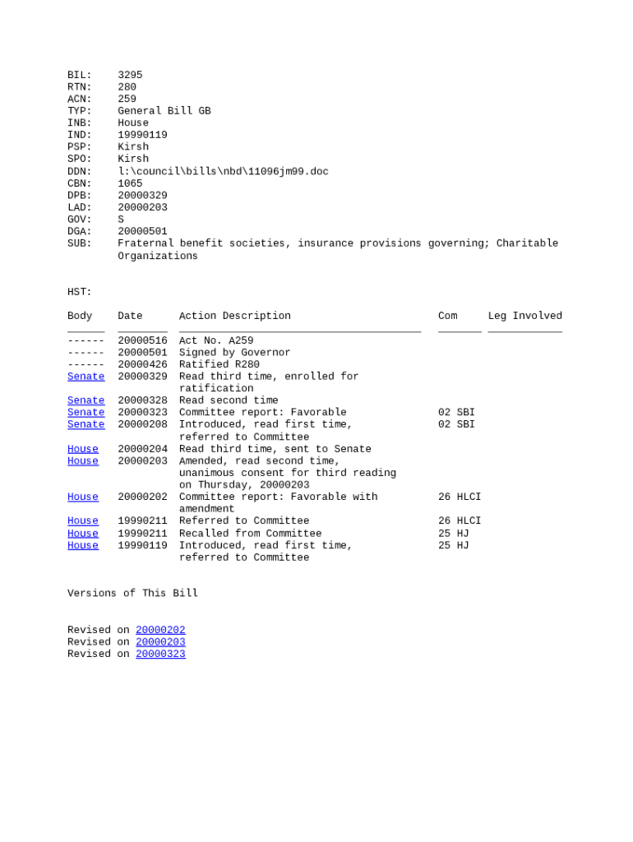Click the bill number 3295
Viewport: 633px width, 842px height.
[130, 75]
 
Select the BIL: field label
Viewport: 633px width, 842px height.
[79, 75]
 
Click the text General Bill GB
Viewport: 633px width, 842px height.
[164, 111]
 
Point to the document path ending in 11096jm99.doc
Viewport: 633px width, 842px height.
[223, 172]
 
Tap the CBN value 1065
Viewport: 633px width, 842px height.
[130, 183]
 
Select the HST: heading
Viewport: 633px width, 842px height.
[79, 292]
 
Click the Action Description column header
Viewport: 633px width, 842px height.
[234, 316]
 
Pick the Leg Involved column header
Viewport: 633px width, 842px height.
[524, 316]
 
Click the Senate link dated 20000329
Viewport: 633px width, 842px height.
[85, 377]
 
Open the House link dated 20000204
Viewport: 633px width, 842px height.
[82, 449]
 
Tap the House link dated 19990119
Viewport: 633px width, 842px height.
[82, 545]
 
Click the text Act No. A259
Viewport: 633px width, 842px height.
[216, 340]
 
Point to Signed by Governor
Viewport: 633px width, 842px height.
[234, 353]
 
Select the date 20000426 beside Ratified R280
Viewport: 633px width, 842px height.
[142, 364]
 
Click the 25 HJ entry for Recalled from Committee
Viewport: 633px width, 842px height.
[453, 534]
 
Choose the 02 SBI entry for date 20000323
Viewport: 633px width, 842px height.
[456, 413]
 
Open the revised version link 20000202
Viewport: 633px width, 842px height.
[160, 630]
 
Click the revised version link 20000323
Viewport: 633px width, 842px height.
[160, 654]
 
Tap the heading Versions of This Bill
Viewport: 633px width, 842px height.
[132, 594]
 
